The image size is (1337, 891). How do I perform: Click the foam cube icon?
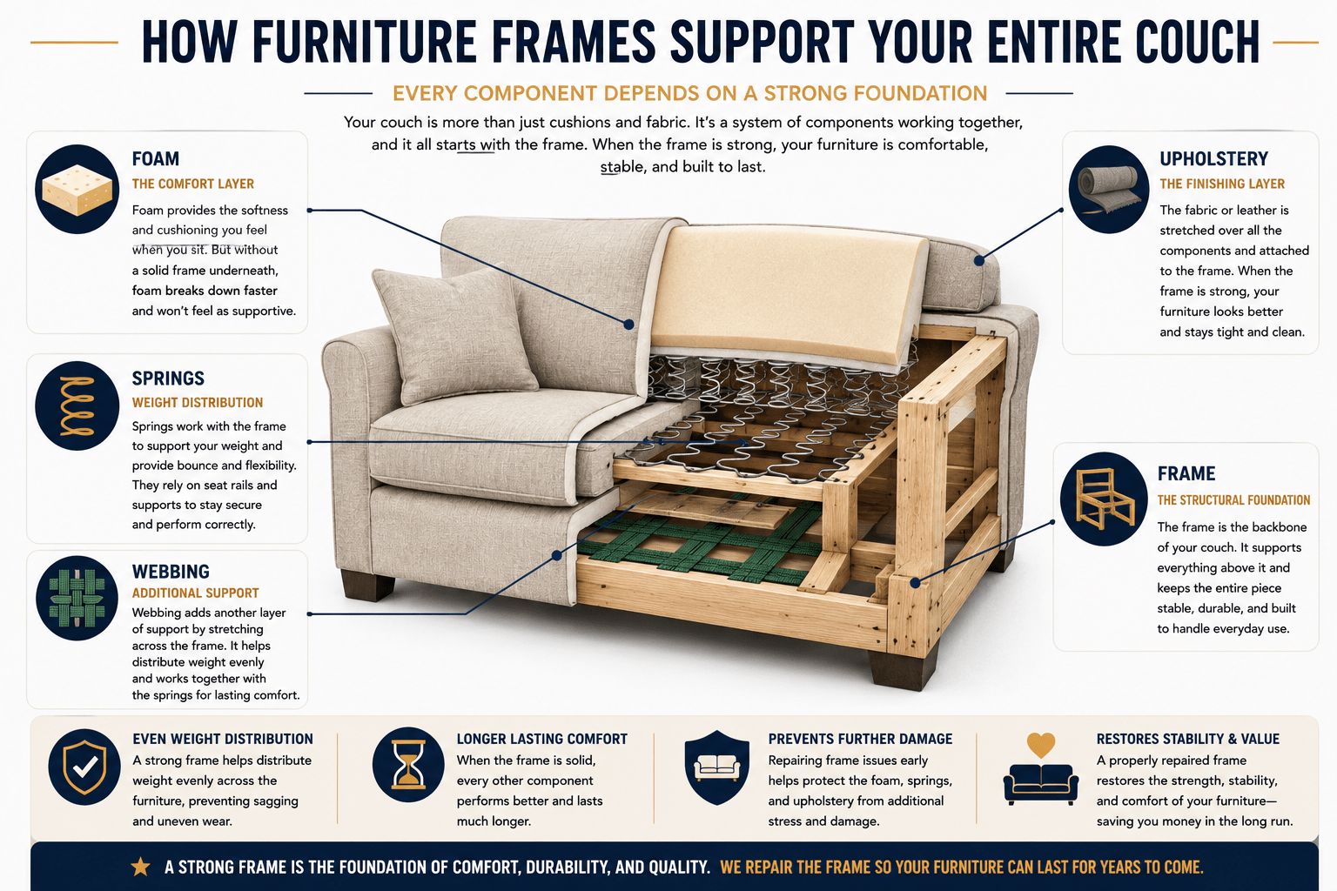(77, 189)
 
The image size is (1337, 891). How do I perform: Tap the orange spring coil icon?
(77, 405)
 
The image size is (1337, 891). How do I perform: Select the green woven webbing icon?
(77, 598)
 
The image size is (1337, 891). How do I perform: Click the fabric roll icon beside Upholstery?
(1108, 189)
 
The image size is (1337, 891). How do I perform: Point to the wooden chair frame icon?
(1105, 499)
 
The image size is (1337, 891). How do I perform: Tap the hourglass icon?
(408, 764)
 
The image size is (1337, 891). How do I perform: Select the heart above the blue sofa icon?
(1041, 745)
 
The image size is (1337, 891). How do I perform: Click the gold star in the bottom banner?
(141, 867)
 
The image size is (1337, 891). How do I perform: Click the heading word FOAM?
(156, 158)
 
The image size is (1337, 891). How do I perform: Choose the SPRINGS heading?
(168, 379)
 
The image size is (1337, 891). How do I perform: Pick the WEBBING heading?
(171, 572)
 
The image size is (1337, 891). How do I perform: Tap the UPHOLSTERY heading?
(1213, 158)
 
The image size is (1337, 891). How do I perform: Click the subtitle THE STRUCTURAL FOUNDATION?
(1233, 500)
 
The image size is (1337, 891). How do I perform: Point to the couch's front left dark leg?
(367, 585)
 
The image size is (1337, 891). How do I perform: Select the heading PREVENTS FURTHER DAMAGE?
(860, 739)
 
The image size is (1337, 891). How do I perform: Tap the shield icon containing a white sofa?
(717, 767)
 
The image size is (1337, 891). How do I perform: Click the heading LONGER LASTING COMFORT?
(542, 739)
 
